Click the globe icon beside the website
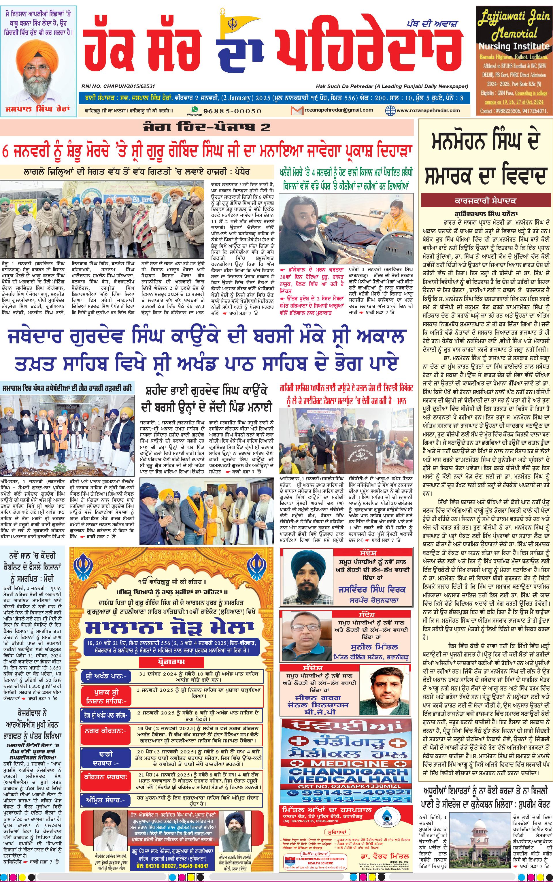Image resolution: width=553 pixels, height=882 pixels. (390, 110)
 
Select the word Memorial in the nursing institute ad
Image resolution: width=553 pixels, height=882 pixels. (514, 34)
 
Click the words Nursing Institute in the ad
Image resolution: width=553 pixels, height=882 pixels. (514, 46)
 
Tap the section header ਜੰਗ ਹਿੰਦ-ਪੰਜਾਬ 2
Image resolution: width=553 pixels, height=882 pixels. (207, 127)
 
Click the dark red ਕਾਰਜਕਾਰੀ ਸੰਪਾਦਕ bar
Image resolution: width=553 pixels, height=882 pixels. (485, 201)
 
